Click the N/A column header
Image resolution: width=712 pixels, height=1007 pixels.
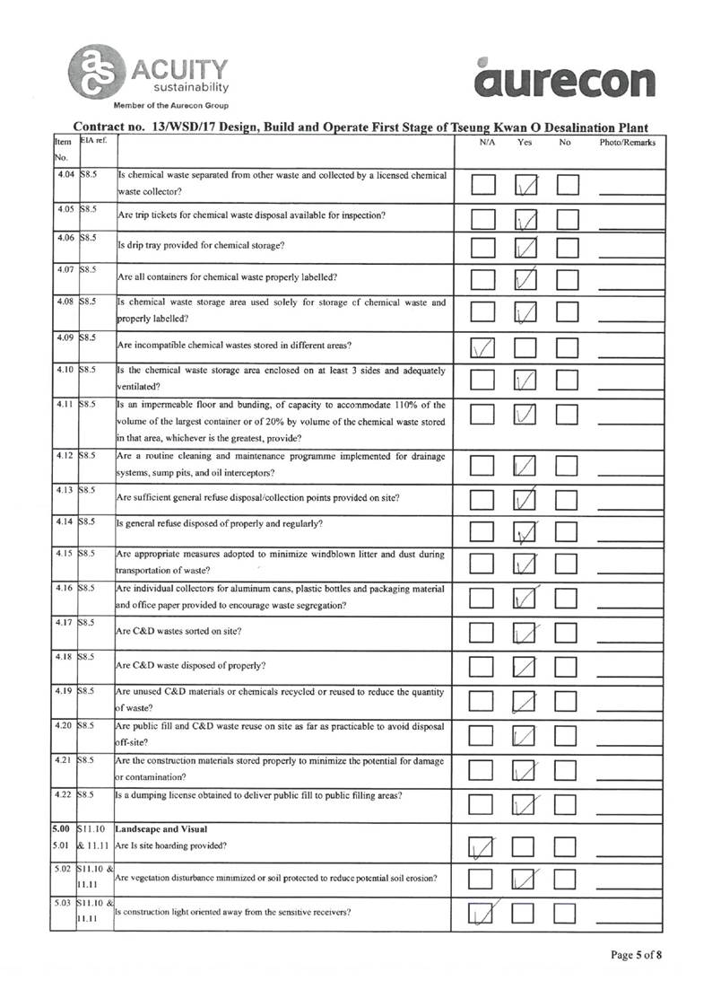click(x=489, y=143)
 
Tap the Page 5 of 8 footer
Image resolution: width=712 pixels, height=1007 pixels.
click(x=637, y=955)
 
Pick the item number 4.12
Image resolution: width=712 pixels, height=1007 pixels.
click(x=63, y=456)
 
